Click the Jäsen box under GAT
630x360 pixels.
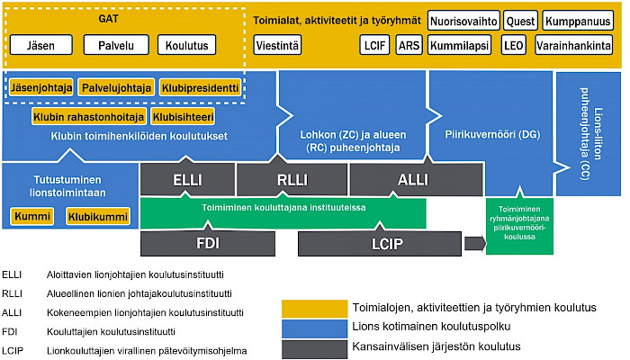point(41,45)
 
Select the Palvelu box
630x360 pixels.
point(116,45)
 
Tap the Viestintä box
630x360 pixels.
point(277,45)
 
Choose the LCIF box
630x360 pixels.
point(374,45)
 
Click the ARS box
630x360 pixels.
point(409,45)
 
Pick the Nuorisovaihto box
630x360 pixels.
point(463,21)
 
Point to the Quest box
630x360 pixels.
point(520,21)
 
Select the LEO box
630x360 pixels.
point(514,45)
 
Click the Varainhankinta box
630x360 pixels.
point(574,45)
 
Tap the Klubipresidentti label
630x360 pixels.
point(200,87)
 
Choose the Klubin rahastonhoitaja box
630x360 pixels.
point(89,117)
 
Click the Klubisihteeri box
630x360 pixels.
point(183,117)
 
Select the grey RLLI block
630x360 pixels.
point(292,179)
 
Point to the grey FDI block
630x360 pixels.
point(208,244)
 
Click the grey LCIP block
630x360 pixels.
point(380,244)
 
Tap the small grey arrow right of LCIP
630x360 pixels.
point(475,244)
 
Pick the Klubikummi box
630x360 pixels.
point(98,217)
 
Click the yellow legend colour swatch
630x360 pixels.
point(315,309)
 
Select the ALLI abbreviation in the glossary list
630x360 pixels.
point(12,312)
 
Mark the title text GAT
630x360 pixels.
point(108,19)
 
